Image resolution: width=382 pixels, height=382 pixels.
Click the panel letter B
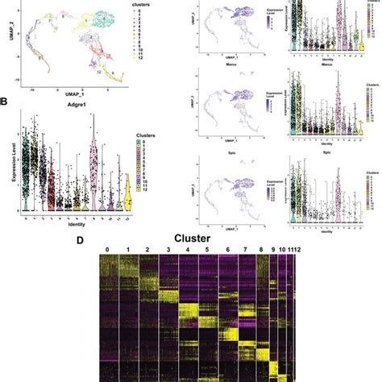pyautogui.click(x=6, y=102)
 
